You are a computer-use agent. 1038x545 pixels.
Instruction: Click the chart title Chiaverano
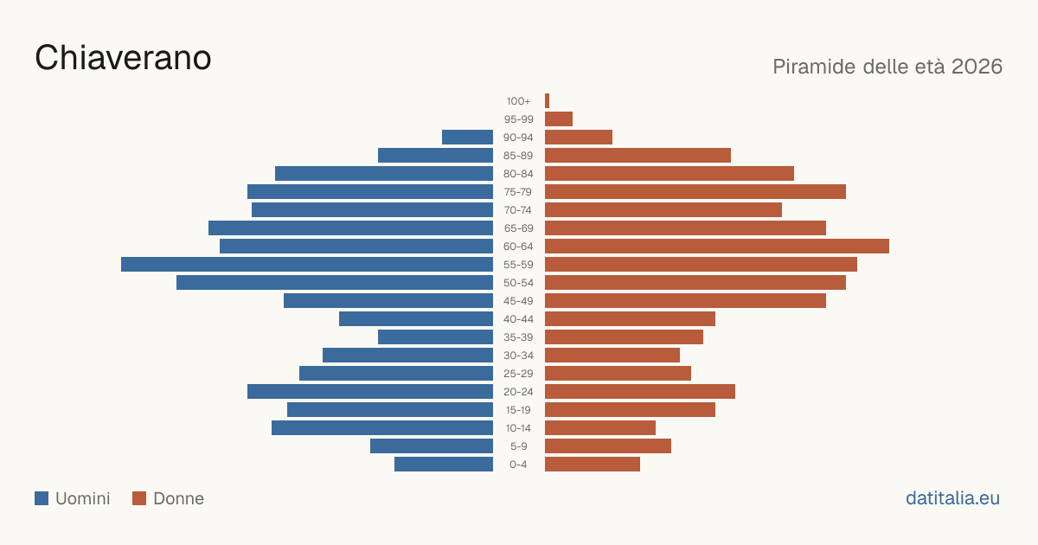(123, 58)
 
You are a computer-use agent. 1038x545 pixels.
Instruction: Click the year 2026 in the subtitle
(977, 67)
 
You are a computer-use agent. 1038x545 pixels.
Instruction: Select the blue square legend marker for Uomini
(42, 498)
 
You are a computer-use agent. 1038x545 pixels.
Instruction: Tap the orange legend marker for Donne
(139, 498)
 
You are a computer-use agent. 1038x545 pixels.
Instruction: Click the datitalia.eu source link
(952, 498)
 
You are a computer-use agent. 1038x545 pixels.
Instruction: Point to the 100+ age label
(518, 101)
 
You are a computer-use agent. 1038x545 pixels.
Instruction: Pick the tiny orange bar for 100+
(548, 101)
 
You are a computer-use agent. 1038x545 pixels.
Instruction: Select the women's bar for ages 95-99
(559, 119)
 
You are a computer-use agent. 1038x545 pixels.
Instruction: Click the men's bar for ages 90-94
(468, 138)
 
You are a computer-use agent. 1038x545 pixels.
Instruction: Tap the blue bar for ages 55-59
(307, 265)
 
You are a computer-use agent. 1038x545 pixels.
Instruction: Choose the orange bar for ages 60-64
(717, 246)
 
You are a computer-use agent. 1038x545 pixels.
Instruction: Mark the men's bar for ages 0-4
(444, 465)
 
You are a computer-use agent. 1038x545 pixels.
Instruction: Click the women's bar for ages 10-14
(600, 427)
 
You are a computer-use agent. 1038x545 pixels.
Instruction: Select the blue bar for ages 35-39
(436, 337)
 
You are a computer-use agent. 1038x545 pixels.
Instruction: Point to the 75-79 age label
(518, 192)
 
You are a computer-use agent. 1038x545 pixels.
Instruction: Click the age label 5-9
(518, 446)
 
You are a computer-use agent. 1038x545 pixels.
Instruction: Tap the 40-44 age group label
(518, 319)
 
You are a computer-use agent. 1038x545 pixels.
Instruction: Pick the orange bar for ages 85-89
(638, 155)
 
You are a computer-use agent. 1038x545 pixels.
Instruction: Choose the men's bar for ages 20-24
(370, 392)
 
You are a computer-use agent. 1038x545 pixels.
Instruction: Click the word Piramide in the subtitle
(814, 67)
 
